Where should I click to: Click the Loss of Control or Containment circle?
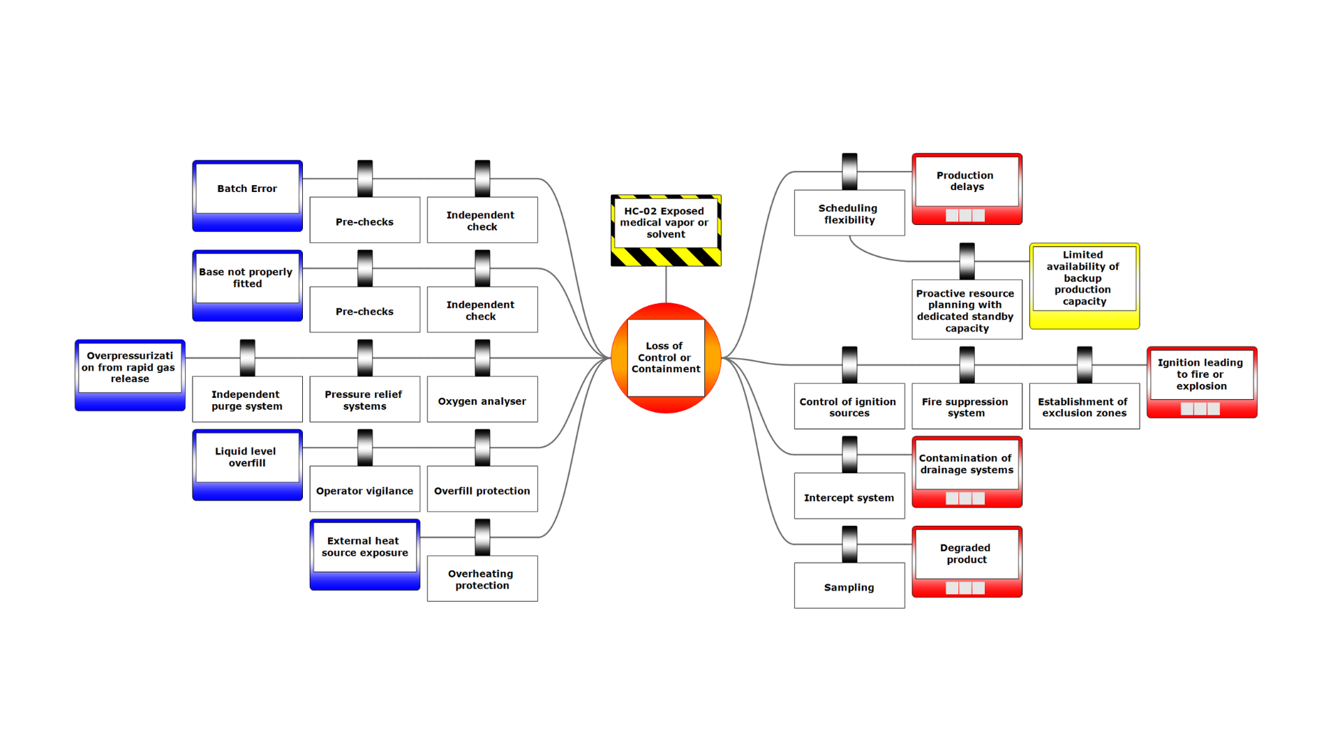[666, 357]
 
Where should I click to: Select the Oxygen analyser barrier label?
[482, 401]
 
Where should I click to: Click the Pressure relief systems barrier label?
[364, 400]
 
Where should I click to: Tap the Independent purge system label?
[247, 400]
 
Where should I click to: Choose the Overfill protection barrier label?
[482, 490]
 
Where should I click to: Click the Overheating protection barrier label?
[482, 579]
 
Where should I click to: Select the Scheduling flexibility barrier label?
[849, 214]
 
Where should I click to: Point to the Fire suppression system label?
[966, 407]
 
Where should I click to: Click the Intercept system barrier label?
[849, 497]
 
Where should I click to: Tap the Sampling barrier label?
[849, 586]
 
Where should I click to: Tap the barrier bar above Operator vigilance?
[365, 448]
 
